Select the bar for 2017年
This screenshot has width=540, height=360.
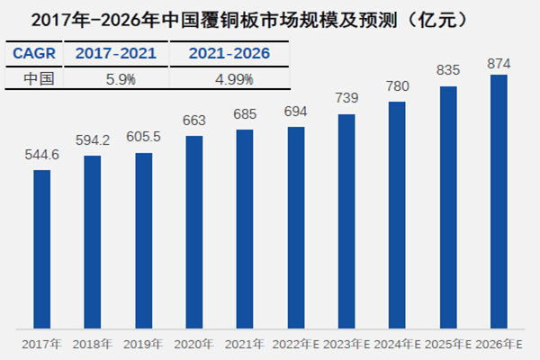[x=41, y=248]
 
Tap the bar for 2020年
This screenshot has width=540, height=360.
[x=194, y=231]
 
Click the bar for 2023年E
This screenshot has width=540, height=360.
[x=346, y=220]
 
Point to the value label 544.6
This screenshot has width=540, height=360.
[x=41, y=156]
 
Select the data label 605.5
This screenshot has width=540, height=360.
[x=143, y=139]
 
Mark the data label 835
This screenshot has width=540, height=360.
[x=448, y=70]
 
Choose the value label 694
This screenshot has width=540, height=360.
[x=296, y=113]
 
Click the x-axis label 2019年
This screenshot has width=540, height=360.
[x=143, y=343]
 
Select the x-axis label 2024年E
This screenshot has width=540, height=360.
[x=398, y=343]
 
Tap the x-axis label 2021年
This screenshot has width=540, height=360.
[x=245, y=343]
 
